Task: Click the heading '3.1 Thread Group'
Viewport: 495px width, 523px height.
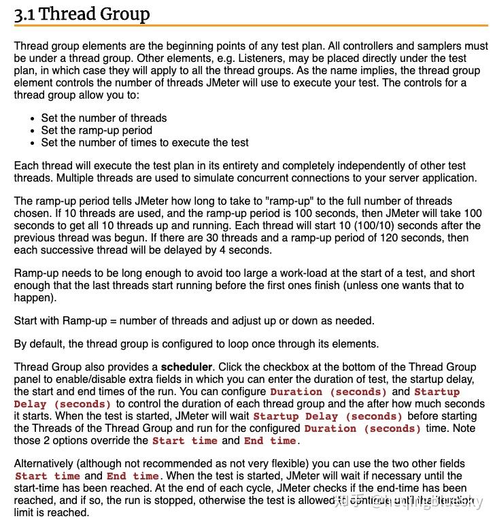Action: (82, 14)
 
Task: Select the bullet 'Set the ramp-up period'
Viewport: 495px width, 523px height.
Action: (97, 130)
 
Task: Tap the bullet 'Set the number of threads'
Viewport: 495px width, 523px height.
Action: (103, 118)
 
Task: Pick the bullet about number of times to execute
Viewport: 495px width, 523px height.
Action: (145, 142)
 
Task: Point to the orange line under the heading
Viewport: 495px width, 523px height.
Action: (251, 26)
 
